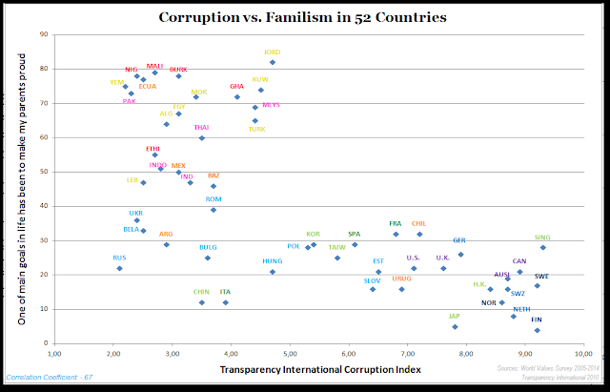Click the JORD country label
pos(272,52)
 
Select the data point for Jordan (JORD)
pos(273,62)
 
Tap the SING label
pos(542,237)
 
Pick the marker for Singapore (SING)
pos(543,248)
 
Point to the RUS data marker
pos(119,269)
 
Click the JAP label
pos(455,316)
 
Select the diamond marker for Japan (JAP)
pos(455,326)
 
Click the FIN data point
pos(538,330)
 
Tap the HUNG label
pos(272,260)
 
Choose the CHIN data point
pos(202,302)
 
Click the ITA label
pos(225,292)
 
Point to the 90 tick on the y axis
pos(44,35)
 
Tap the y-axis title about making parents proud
pos(20,188)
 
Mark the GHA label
pos(237,86)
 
